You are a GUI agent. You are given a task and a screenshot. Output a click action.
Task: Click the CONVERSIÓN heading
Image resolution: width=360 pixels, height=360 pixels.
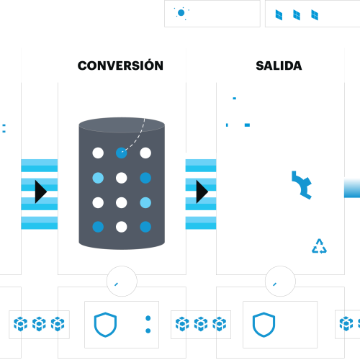coord(121,66)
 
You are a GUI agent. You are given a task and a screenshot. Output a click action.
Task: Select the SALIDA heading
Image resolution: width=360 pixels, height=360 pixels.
coord(279,66)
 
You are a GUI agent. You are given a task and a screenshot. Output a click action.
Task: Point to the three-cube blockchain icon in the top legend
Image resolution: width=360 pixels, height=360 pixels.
coord(300,13)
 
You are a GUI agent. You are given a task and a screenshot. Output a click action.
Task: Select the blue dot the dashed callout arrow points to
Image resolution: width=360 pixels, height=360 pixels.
coord(121,153)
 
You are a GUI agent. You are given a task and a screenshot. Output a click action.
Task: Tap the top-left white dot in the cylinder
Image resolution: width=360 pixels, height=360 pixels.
coord(97,153)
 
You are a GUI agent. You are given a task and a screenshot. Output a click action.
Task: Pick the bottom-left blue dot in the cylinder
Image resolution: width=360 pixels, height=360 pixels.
coord(97,226)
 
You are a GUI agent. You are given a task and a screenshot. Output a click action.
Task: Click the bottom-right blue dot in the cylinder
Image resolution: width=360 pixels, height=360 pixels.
coord(145,226)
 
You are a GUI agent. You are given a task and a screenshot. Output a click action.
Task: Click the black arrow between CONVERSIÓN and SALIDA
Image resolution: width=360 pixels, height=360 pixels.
coord(202,191)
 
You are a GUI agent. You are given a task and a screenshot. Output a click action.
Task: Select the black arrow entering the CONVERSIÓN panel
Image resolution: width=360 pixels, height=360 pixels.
coord(41,191)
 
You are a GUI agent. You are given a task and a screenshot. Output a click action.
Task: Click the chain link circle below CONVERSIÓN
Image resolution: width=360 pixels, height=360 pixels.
coord(121,280)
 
